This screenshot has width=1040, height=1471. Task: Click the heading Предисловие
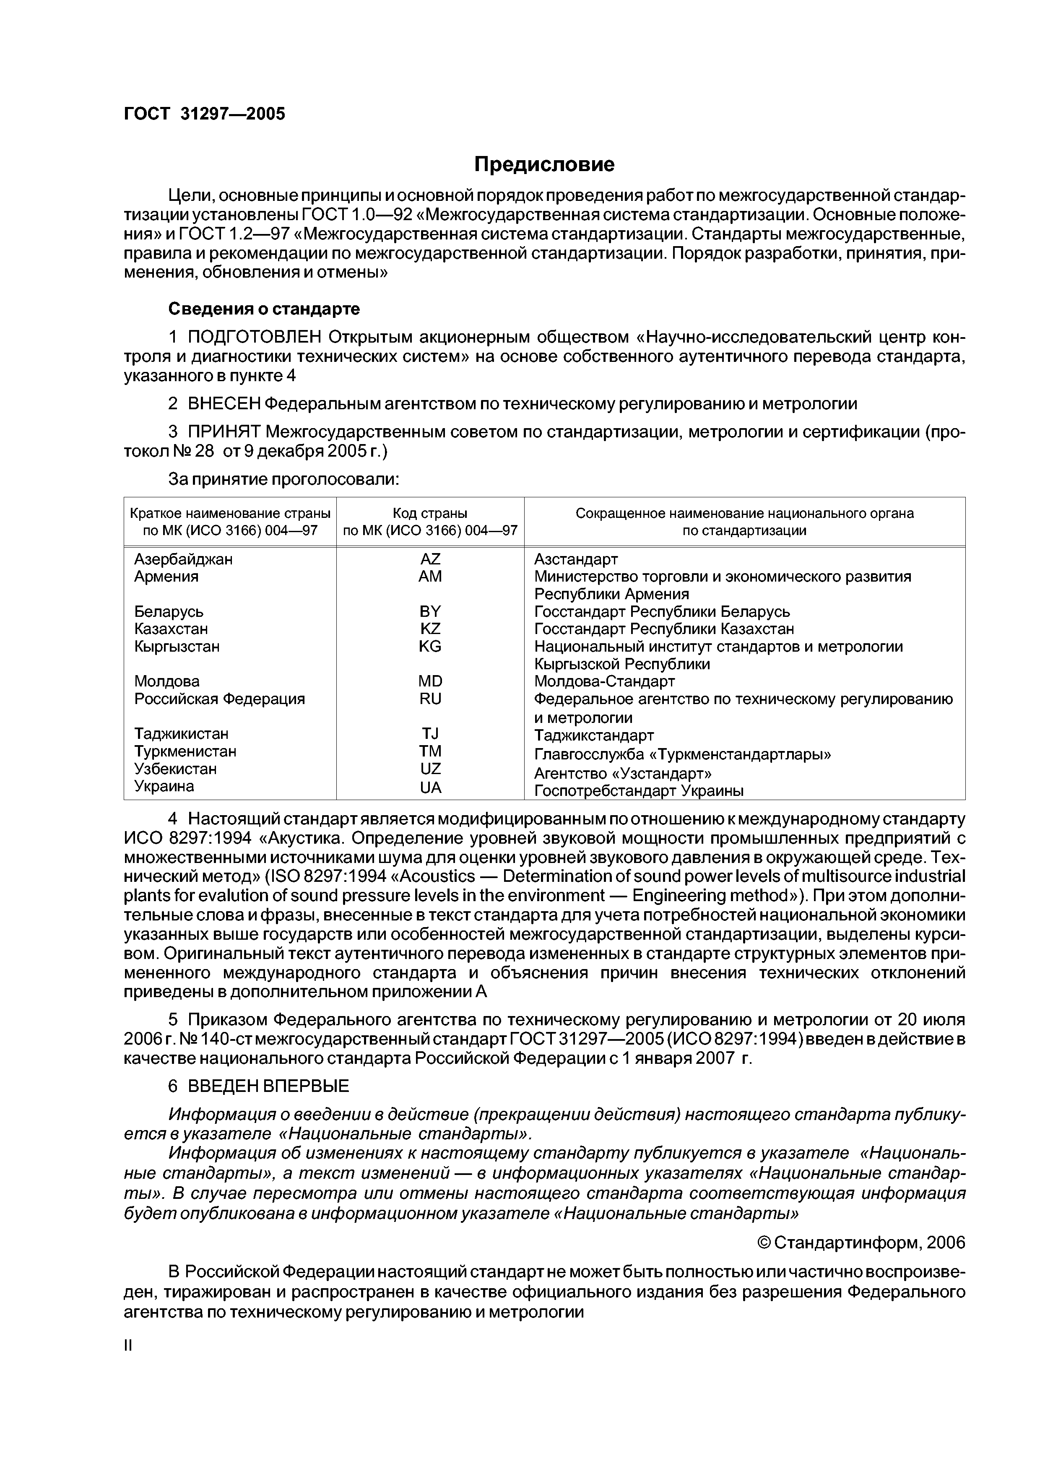click(x=544, y=165)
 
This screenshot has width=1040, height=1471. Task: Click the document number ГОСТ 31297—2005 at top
click(x=204, y=114)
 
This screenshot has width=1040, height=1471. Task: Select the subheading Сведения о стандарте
click(x=264, y=309)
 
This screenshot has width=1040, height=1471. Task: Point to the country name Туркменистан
click(x=185, y=751)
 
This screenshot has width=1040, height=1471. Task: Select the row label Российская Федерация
click(x=219, y=698)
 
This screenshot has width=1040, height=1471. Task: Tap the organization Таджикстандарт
click(x=594, y=735)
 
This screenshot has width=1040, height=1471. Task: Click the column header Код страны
click(x=430, y=513)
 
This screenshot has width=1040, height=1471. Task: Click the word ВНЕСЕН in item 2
click(x=224, y=404)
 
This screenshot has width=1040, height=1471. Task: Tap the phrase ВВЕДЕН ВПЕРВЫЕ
click(x=268, y=1086)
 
